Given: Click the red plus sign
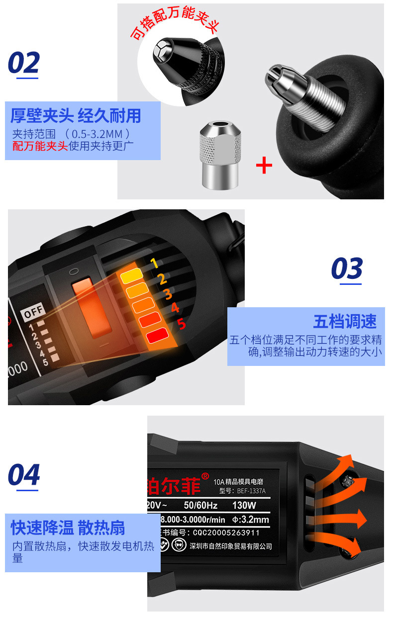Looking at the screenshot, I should coord(264,166).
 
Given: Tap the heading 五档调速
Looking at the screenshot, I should coord(345,322).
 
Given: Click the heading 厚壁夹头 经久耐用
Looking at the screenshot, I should coord(76,116).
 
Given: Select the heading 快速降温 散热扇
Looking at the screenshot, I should coord(68,528).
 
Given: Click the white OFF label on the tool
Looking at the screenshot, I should coord(34,312).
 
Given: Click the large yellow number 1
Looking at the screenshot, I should coord(154,263).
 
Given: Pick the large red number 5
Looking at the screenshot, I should coord(182,324).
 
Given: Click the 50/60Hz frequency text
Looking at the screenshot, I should coord(200,506).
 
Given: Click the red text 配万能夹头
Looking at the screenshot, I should coord(40,146).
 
